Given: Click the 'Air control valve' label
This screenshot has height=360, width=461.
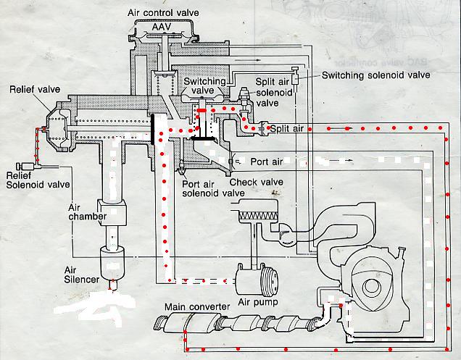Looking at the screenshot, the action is click(x=163, y=13).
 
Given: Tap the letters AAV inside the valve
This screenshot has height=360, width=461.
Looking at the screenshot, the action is click(x=162, y=28).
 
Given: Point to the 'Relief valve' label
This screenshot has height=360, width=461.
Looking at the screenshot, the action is click(x=35, y=89).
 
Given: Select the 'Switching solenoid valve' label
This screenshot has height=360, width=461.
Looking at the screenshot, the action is click(x=375, y=75).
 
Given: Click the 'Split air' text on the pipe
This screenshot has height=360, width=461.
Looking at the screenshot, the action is click(x=286, y=129).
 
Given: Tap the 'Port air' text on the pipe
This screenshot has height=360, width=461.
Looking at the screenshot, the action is click(x=267, y=162).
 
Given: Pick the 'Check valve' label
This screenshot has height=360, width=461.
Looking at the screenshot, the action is click(x=257, y=183).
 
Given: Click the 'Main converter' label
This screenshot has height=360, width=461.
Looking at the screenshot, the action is click(x=197, y=307).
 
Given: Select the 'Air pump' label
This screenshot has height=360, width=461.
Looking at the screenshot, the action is click(x=258, y=302).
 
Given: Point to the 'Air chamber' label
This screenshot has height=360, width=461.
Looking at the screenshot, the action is click(x=87, y=212).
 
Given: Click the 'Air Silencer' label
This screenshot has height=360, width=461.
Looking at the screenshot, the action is click(x=81, y=275).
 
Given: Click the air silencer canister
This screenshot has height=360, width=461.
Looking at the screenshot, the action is click(x=112, y=263).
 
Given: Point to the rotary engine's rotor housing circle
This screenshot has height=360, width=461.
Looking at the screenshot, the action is click(x=371, y=286).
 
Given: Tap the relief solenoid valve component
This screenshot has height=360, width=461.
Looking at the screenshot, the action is click(x=25, y=167).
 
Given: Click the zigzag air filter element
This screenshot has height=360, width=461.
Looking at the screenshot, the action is click(x=259, y=217).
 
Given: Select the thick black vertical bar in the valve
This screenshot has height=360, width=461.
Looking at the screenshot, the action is click(x=153, y=130).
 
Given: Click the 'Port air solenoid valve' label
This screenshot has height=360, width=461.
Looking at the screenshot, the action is click(x=213, y=188).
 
